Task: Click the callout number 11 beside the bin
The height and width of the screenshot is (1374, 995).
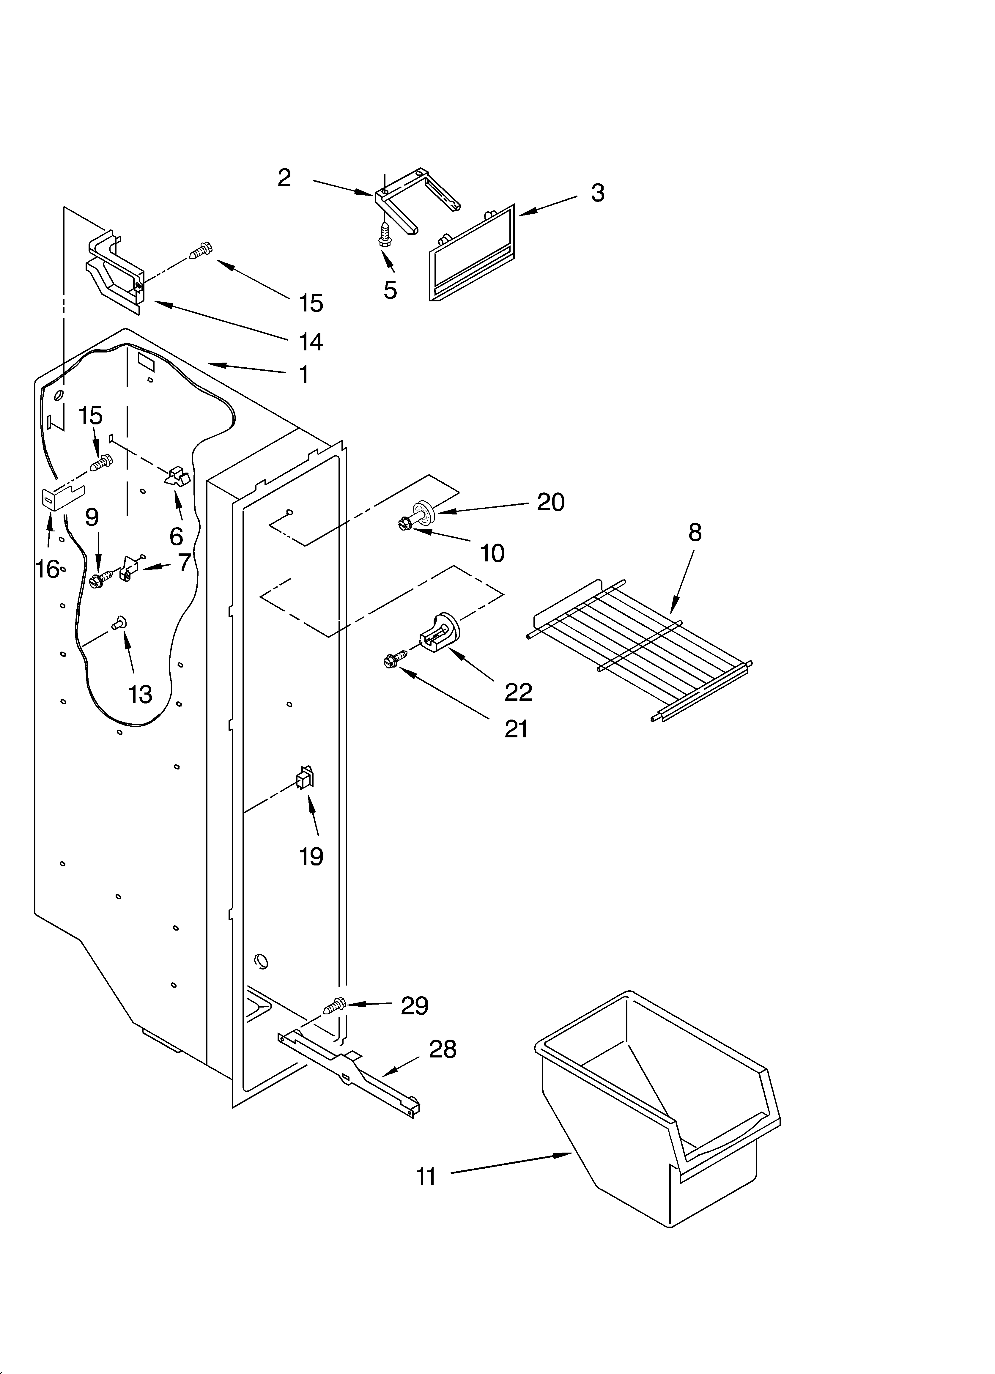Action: (x=426, y=1176)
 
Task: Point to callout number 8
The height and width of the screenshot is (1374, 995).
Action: (x=695, y=532)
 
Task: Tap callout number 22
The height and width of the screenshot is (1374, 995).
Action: (x=518, y=692)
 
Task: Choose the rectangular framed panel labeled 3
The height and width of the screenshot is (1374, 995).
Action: (x=471, y=253)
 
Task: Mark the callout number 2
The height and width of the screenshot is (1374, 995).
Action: (x=284, y=177)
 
